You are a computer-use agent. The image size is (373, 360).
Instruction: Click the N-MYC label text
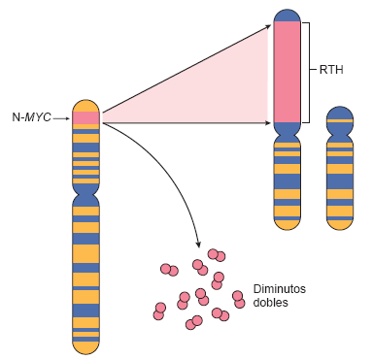tap(31, 117)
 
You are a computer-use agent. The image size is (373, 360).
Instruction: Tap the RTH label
tap(331, 70)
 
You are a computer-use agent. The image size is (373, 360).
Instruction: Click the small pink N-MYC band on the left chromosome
tap(85, 117)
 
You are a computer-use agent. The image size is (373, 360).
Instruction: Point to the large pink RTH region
tap(287, 71)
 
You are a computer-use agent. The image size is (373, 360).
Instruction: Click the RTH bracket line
tap(309, 71)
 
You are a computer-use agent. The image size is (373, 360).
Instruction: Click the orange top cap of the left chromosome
tap(85, 105)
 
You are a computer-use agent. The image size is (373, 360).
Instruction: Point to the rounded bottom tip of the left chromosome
tap(85, 345)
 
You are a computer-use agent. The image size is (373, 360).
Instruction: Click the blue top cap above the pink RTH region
tap(287, 15)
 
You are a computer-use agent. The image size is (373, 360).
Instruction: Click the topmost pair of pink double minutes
tap(217, 255)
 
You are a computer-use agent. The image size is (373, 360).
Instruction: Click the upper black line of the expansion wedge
tap(185, 69)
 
